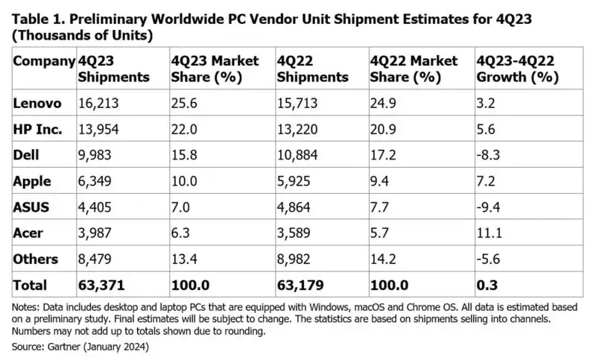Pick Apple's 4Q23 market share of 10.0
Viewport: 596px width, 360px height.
tap(185, 181)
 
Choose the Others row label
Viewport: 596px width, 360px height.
tap(36, 259)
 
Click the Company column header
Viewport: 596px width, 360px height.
tap(43, 60)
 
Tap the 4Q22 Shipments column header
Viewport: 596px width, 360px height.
tap(312, 69)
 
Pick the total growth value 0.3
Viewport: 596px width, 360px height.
tap(487, 285)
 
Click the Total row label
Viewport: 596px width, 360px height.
tap(31, 285)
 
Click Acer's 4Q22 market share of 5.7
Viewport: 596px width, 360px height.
tap(380, 233)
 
